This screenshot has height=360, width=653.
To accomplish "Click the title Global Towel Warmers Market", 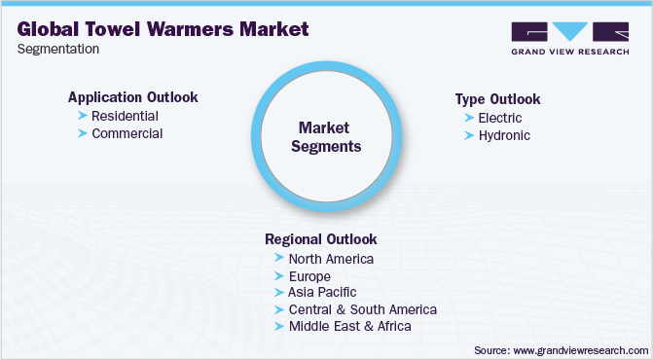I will tap(163, 28).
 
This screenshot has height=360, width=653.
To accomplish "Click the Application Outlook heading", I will tap(132, 97).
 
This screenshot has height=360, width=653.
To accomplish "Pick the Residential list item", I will tap(125, 116).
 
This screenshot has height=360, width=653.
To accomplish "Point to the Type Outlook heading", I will tap(497, 99).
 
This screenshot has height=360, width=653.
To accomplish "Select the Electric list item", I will tap(500, 118).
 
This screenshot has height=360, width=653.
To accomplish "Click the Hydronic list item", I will tap(504, 135).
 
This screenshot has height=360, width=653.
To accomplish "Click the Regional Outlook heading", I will tap(320, 238).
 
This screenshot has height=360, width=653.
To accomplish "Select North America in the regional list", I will tap(331, 258).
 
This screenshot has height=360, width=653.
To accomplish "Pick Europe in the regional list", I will tap(308, 275).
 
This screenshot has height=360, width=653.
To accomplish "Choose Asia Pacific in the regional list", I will tap(322, 292).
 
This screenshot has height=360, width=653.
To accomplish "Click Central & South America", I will tap(362, 309).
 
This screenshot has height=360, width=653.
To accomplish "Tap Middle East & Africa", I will tap(349, 326).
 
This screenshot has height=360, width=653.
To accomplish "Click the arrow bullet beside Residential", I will tap(83, 116).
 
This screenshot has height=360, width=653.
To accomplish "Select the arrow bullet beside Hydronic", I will tap(470, 135).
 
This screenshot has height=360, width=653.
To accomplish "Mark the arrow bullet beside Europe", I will tap(279, 275).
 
